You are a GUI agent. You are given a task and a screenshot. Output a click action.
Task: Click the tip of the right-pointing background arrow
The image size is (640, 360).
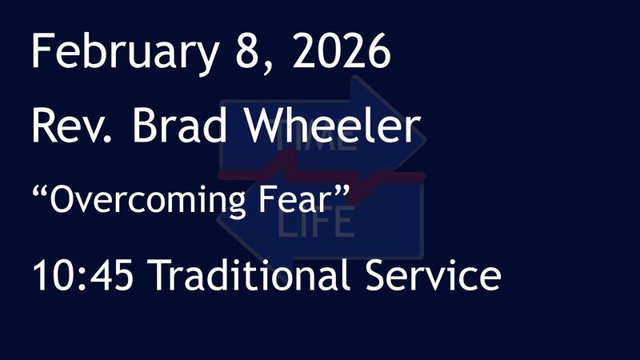point(425,145)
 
